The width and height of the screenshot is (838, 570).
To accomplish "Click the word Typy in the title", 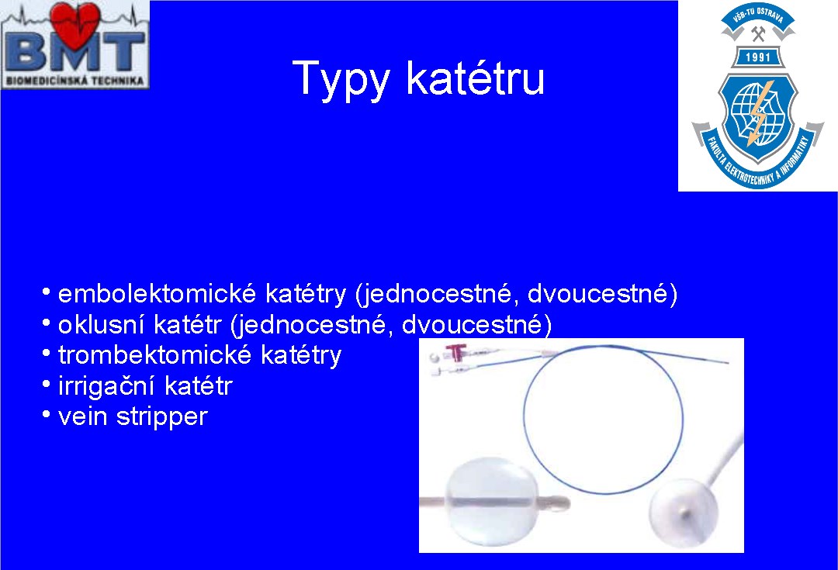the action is click(x=341, y=80).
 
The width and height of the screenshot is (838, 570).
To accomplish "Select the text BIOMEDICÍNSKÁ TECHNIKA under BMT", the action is click(x=74, y=81).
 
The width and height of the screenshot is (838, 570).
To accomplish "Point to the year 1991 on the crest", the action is click(x=758, y=57).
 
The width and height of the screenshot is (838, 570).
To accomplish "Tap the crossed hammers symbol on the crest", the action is click(x=758, y=33).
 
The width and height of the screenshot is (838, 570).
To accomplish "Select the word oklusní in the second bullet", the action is click(x=101, y=324).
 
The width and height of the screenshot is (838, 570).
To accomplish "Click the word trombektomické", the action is click(x=155, y=354).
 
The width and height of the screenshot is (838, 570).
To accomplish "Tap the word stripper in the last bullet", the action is click(x=162, y=417).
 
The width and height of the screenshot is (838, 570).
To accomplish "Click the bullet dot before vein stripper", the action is click(x=47, y=415).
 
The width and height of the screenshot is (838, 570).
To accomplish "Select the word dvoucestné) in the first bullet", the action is click(x=602, y=294).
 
